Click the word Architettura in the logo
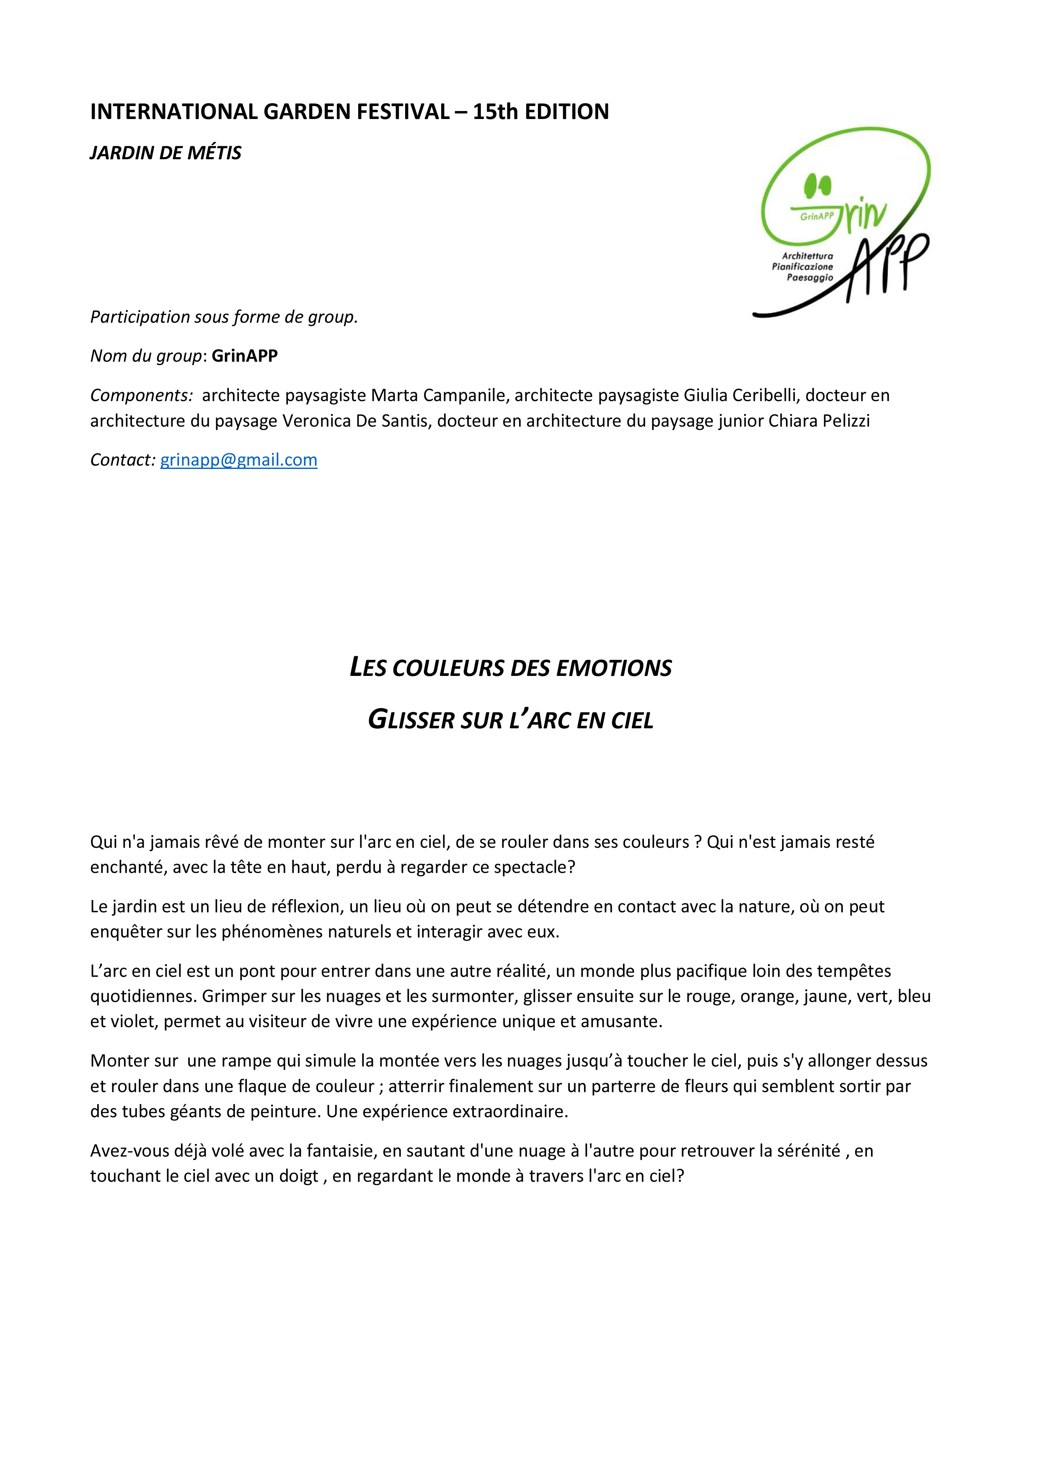(807, 256)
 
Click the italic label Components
(141, 396)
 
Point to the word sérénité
(808, 1151)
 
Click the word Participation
(140, 317)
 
